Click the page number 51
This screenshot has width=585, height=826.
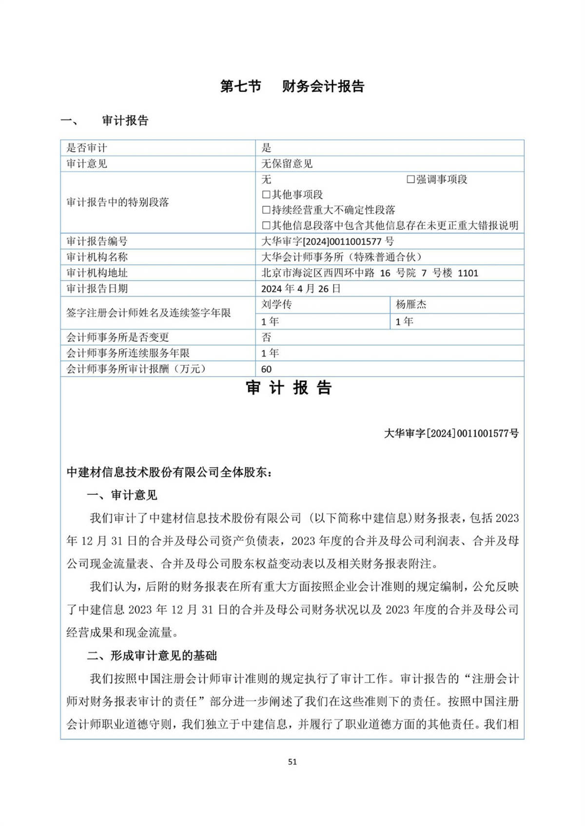click(x=292, y=762)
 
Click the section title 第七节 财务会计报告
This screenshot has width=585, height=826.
click(x=292, y=86)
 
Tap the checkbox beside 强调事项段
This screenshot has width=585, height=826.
click(x=410, y=180)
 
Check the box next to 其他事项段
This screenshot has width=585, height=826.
click(x=266, y=195)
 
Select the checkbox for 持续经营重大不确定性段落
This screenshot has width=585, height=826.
click(x=266, y=210)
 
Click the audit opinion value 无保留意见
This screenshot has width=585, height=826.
click(x=287, y=164)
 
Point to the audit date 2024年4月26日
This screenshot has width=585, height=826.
click(x=301, y=289)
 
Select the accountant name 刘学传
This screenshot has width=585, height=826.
click(x=276, y=304)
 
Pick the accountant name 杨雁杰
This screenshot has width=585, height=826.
click(x=411, y=304)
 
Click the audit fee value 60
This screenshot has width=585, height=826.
click(x=266, y=369)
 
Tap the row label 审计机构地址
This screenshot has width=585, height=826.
click(x=97, y=273)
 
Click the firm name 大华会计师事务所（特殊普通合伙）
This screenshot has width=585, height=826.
click(x=341, y=257)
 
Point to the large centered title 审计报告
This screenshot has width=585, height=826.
click(x=289, y=388)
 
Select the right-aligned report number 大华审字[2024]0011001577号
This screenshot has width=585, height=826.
click(x=451, y=433)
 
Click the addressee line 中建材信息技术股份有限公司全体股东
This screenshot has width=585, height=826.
click(x=169, y=472)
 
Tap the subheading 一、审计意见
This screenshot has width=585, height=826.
click(x=122, y=495)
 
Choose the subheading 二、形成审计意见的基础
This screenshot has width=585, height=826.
click(x=152, y=656)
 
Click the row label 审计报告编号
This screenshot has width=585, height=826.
click(x=97, y=241)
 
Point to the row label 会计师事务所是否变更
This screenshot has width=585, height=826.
click(x=117, y=337)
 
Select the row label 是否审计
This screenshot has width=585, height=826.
click(x=87, y=148)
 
